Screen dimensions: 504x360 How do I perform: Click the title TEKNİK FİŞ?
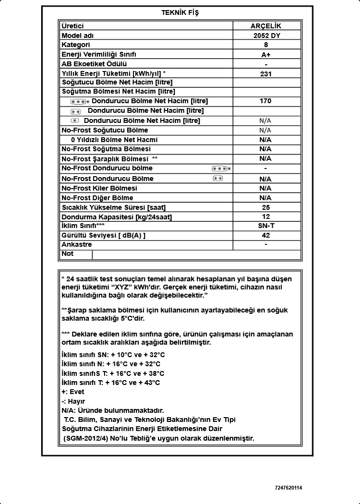180,13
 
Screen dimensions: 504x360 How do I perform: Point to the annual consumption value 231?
265,74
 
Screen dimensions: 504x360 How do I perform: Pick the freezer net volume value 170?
265,101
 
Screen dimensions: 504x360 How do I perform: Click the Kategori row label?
76,45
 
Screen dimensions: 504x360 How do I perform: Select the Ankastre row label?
76,244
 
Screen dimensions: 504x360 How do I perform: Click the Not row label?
68,253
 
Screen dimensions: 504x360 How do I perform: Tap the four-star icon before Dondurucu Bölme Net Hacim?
80,102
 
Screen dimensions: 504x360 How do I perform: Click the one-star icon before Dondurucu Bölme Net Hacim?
74,120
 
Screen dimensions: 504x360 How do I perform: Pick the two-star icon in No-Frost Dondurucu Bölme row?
217,179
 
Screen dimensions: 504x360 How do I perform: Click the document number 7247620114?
288,488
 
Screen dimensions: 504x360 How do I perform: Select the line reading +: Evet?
73,392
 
